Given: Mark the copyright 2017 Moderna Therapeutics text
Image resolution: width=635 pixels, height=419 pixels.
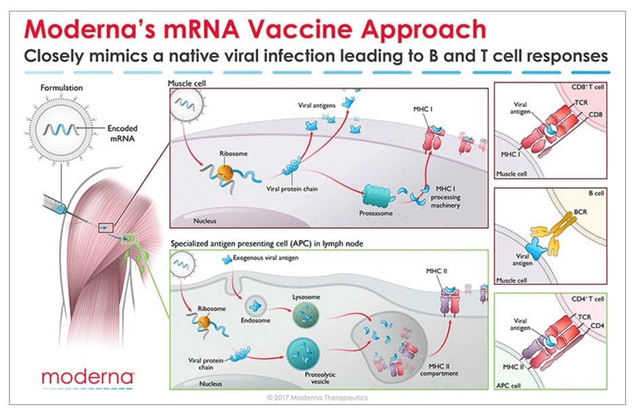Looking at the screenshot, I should (x=317, y=398).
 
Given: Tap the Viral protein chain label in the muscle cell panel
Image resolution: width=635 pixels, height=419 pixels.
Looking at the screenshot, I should (x=293, y=189).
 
